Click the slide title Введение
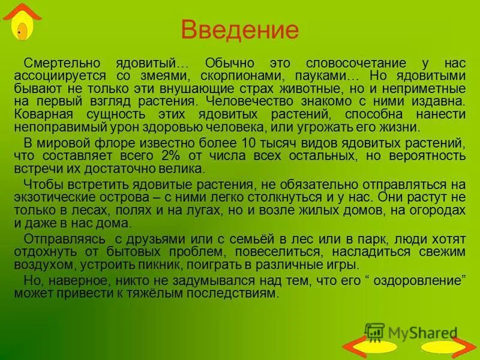(x=239, y=30)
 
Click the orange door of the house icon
(x=22, y=31)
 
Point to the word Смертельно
(x=53, y=62)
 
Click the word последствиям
(x=230, y=294)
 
